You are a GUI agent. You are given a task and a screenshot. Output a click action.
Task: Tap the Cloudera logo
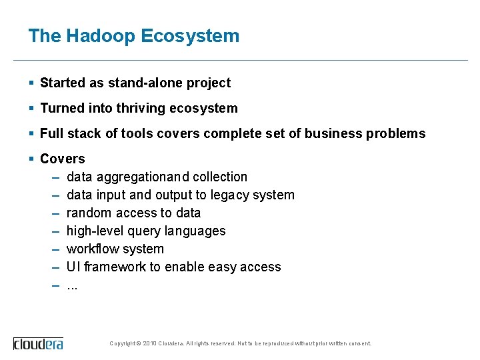click(39, 343)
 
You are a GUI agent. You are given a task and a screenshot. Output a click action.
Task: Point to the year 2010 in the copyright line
click(149, 343)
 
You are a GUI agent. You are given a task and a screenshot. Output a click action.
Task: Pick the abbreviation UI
click(72, 267)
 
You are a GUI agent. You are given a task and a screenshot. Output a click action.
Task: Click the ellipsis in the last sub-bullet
click(72, 286)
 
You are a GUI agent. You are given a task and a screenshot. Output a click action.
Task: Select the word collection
click(220, 177)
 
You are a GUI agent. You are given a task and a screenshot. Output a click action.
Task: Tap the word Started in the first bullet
click(63, 83)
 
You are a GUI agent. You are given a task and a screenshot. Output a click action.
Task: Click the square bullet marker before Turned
click(31, 108)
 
